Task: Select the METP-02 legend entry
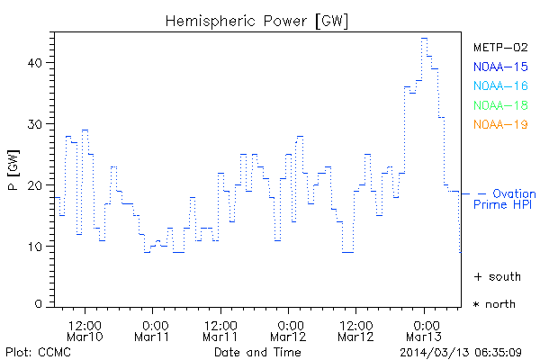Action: coord(499,47)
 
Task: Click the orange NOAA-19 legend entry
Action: coord(499,124)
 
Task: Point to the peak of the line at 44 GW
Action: coord(424,39)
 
